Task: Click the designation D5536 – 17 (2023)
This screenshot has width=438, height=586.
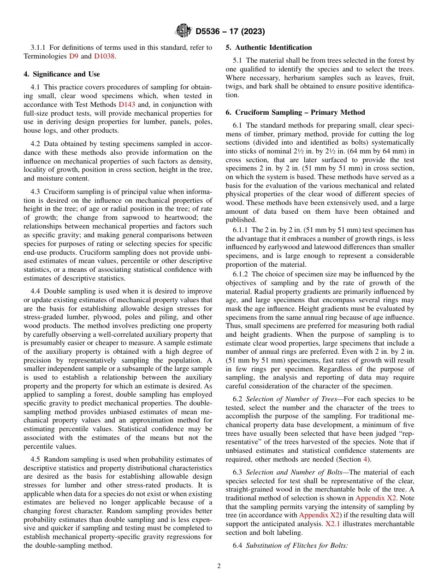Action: (230, 32)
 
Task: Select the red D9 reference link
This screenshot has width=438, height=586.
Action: (74, 56)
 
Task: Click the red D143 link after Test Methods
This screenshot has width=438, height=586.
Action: (127, 105)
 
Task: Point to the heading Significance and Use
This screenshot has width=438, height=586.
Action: (62, 74)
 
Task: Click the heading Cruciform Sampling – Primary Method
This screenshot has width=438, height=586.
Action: (296, 112)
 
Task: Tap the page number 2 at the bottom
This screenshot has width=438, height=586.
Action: (219, 566)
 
